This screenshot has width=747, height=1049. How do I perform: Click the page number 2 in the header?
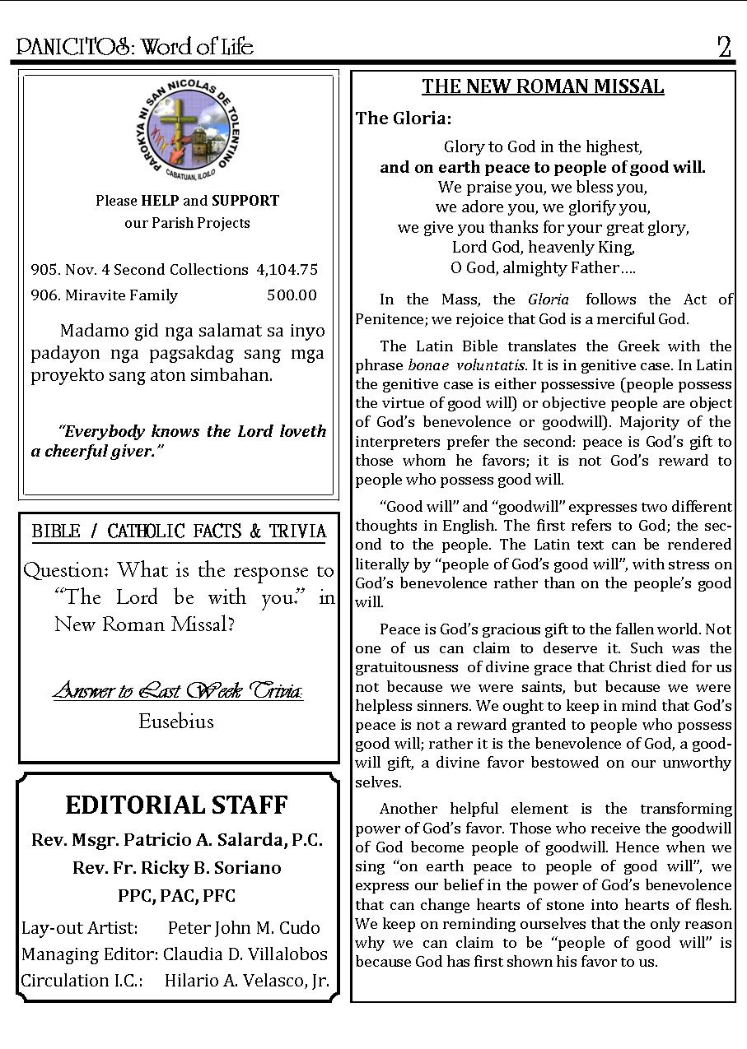(724, 47)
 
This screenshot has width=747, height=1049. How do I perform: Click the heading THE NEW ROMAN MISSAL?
(543, 87)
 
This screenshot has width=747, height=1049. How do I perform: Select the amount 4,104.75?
(287, 270)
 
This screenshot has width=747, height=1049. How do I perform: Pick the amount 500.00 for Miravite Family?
(292, 295)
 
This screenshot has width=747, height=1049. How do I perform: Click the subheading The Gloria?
(404, 118)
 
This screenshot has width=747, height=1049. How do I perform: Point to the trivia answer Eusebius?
(176, 722)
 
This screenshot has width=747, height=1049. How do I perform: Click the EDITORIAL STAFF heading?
(177, 805)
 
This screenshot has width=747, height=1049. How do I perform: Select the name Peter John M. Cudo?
(244, 928)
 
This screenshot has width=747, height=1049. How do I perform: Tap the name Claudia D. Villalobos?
(245, 954)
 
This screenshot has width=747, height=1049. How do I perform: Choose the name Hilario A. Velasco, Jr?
(247, 981)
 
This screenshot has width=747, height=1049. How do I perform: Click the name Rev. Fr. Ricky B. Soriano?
(177, 868)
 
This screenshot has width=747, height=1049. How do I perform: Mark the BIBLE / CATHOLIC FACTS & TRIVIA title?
(179, 531)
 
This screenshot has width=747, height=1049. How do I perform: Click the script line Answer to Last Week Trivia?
(178, 690)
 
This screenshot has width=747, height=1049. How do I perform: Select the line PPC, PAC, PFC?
(177, 896)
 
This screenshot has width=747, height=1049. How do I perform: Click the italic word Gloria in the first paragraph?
(549, 300)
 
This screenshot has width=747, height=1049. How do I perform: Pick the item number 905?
(45, 270)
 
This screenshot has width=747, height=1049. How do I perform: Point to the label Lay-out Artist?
(80, 928)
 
